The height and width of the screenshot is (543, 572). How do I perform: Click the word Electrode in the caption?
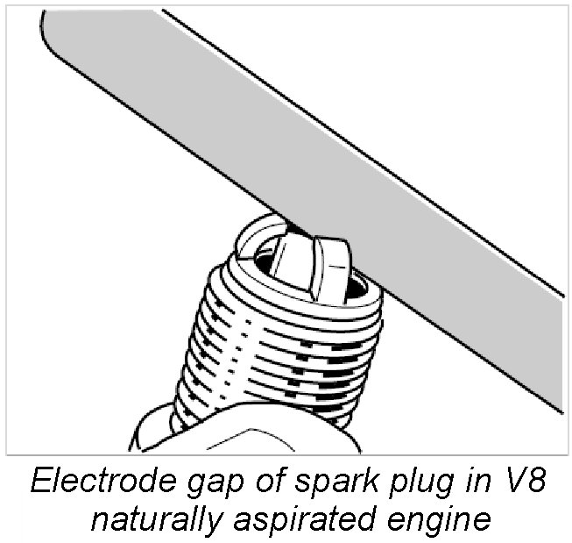tap(102, 481)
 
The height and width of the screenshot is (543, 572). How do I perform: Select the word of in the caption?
tap(269, 481)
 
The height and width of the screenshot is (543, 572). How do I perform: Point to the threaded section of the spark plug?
tap(278, 351)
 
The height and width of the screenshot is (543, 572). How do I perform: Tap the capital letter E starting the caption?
tap(41, 481)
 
